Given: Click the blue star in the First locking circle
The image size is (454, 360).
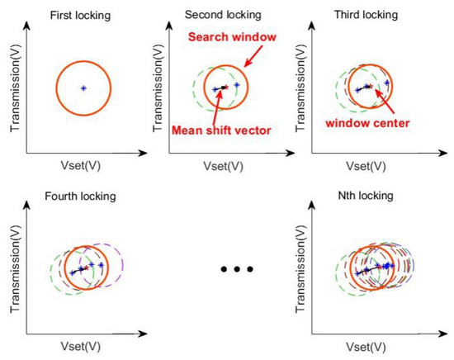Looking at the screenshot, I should click(83, 88).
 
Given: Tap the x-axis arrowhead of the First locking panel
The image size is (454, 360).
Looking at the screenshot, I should click(149, 154).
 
